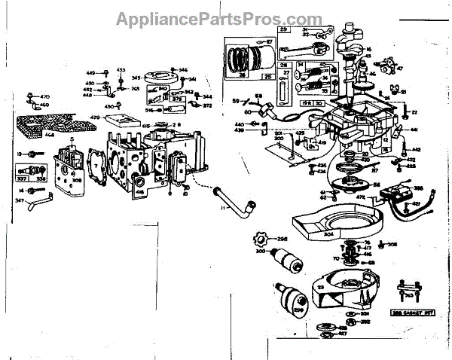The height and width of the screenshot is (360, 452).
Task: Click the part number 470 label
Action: click(44, 97)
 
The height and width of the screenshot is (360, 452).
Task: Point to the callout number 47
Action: click(400, 68)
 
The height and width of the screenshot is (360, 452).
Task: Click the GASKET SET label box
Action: click(420, 310)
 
